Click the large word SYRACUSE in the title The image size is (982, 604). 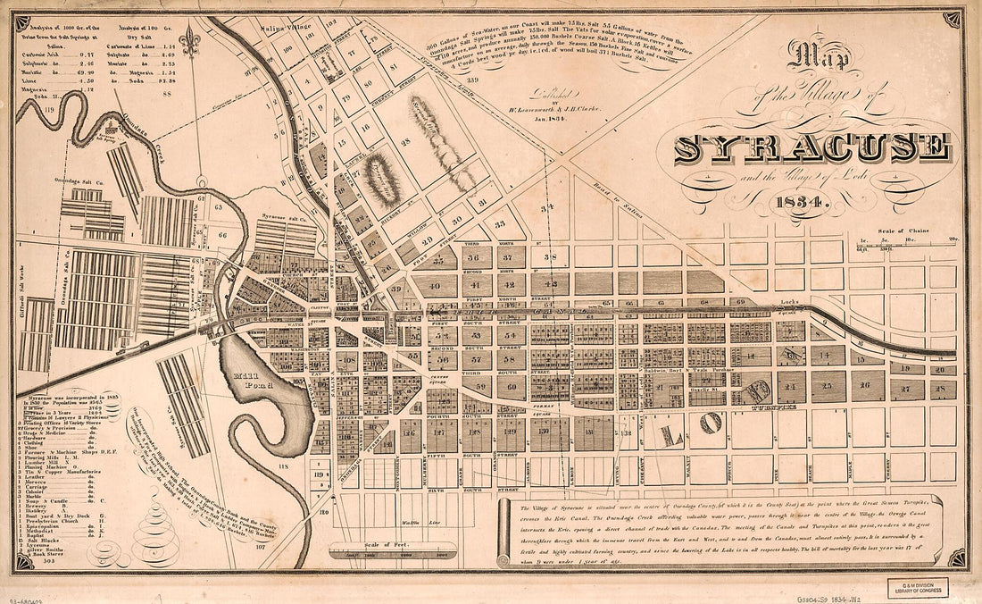811,148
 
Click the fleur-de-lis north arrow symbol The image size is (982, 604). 188,38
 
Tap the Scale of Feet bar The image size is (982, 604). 389,554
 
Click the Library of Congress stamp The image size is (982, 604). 918,587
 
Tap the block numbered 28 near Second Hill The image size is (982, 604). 404,142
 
